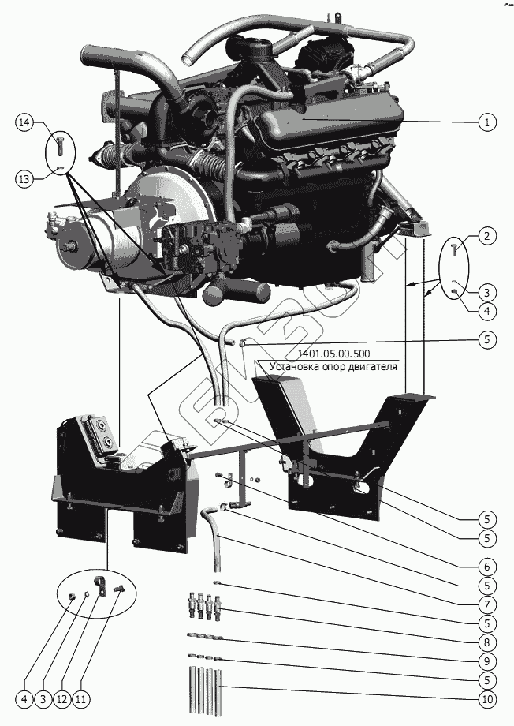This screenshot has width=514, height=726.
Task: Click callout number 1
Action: [x=487, y=122]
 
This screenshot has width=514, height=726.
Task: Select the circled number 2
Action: [x=487, y=235]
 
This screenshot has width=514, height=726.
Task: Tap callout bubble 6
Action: [x=487, y=566]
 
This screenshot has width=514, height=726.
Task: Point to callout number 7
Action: [x=487, y=604]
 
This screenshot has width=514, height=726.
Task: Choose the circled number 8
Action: [x=487, y=642]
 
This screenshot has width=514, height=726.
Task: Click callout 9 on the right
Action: [x=487, y=661]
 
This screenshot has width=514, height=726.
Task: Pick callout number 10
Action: [x=487, y=698]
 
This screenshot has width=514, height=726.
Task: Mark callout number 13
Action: [x=24, y=179]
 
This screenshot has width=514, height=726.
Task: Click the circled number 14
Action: [x=24, y=122]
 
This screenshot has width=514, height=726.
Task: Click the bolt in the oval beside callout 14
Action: [x=59, y=146]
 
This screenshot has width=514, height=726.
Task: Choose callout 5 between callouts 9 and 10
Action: [x=487, y=679]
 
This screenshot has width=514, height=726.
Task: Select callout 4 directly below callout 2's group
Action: [x=487, y=311]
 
